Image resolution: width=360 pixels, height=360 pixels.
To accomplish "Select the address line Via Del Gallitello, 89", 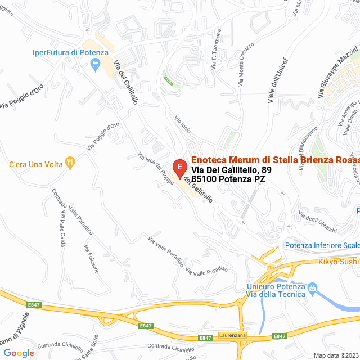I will coord(231,170).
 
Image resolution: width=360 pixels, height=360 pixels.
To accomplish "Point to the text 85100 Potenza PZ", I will coord(228,179).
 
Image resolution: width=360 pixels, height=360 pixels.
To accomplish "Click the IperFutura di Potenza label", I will coord(70,52).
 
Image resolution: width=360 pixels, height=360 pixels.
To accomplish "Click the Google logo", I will coord(19,353).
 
